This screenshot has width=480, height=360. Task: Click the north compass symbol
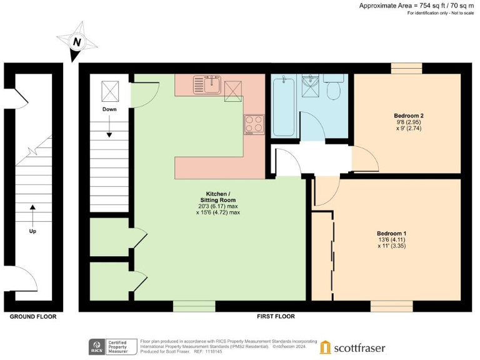[77, 42]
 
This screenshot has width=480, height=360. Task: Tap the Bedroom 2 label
[409, 116]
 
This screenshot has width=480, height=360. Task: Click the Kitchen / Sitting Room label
[218, 196]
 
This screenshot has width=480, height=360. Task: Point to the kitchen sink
[207, 83]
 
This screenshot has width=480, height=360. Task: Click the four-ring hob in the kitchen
[254, 124]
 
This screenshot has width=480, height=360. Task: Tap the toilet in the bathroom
[333, 89]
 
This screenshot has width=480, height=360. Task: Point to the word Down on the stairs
[109, 109]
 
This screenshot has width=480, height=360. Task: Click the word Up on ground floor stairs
[32, 231]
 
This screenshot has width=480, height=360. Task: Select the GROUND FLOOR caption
[32, 317]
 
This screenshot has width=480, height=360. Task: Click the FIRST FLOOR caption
[276, 317]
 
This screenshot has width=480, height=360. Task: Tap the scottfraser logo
[352, 347]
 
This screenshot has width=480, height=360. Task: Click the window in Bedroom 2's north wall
[406, 68]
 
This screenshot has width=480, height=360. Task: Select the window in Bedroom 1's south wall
[391, 306]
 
